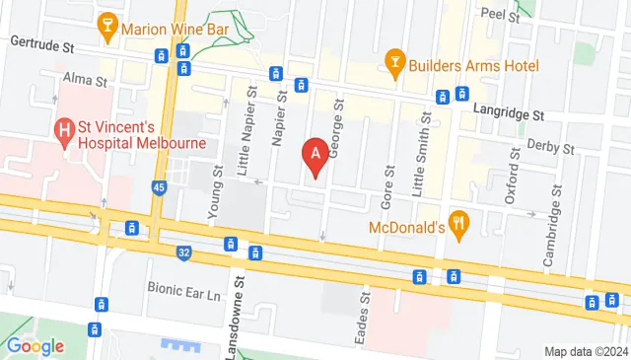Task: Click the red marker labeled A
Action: [x=315, y=156]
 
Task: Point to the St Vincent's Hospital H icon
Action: [x=66, y=129]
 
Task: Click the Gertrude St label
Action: [x=43, y=44]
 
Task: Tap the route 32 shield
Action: [x=184, y=253]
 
